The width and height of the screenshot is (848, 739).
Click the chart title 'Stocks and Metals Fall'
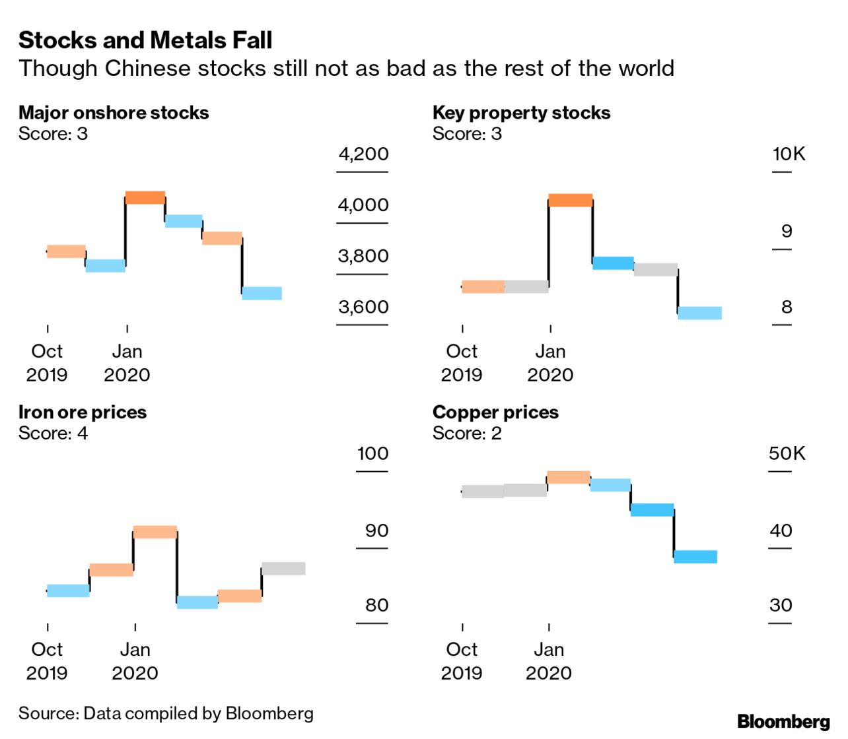coord(145,40)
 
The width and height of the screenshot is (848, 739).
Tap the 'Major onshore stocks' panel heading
coord(114,113)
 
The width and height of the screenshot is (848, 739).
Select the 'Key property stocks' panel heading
coord(521,113)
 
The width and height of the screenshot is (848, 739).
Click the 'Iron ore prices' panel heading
coord(83,412)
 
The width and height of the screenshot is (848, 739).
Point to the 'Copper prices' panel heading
coord(495,412)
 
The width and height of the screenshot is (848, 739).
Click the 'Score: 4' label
coord(53,434)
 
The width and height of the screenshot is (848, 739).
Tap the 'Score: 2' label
coord(467,434)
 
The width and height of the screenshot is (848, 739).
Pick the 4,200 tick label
coord(363,154)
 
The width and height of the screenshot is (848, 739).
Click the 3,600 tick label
coord(363,307)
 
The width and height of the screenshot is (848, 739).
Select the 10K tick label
coord(789,154)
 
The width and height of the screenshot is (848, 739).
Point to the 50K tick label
coord(787,454)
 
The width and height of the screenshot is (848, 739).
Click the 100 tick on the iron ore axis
coord(372,454)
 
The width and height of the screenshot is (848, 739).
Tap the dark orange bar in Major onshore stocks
coord(145,197)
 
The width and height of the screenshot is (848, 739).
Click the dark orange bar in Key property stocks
coord(570,200)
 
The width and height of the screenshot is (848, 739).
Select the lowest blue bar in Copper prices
coord(695,557)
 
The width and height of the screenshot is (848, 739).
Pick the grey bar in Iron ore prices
coord(283,569)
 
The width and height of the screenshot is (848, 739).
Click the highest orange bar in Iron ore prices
coord(155,532)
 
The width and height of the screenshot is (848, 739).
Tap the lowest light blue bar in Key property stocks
coord(699,313)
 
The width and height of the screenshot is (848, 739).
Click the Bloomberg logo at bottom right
coord(783,721)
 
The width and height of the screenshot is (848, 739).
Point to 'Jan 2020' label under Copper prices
coord(549,661)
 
